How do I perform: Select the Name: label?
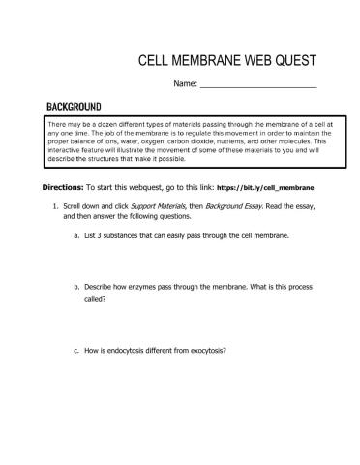[x=185, y=85]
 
